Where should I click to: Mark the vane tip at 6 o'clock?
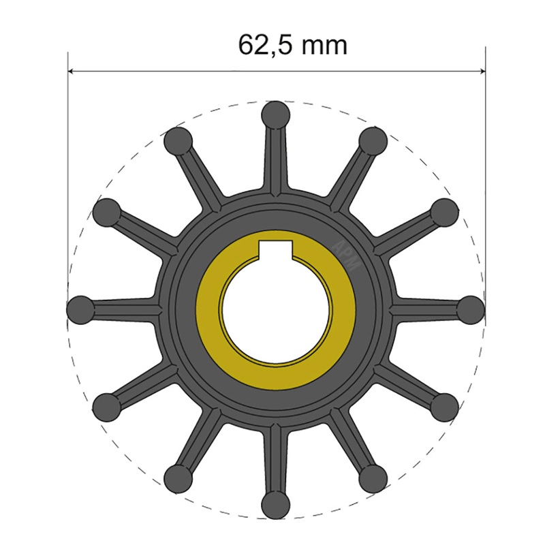coord(275,505)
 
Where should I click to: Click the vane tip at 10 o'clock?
coord(106,212)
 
